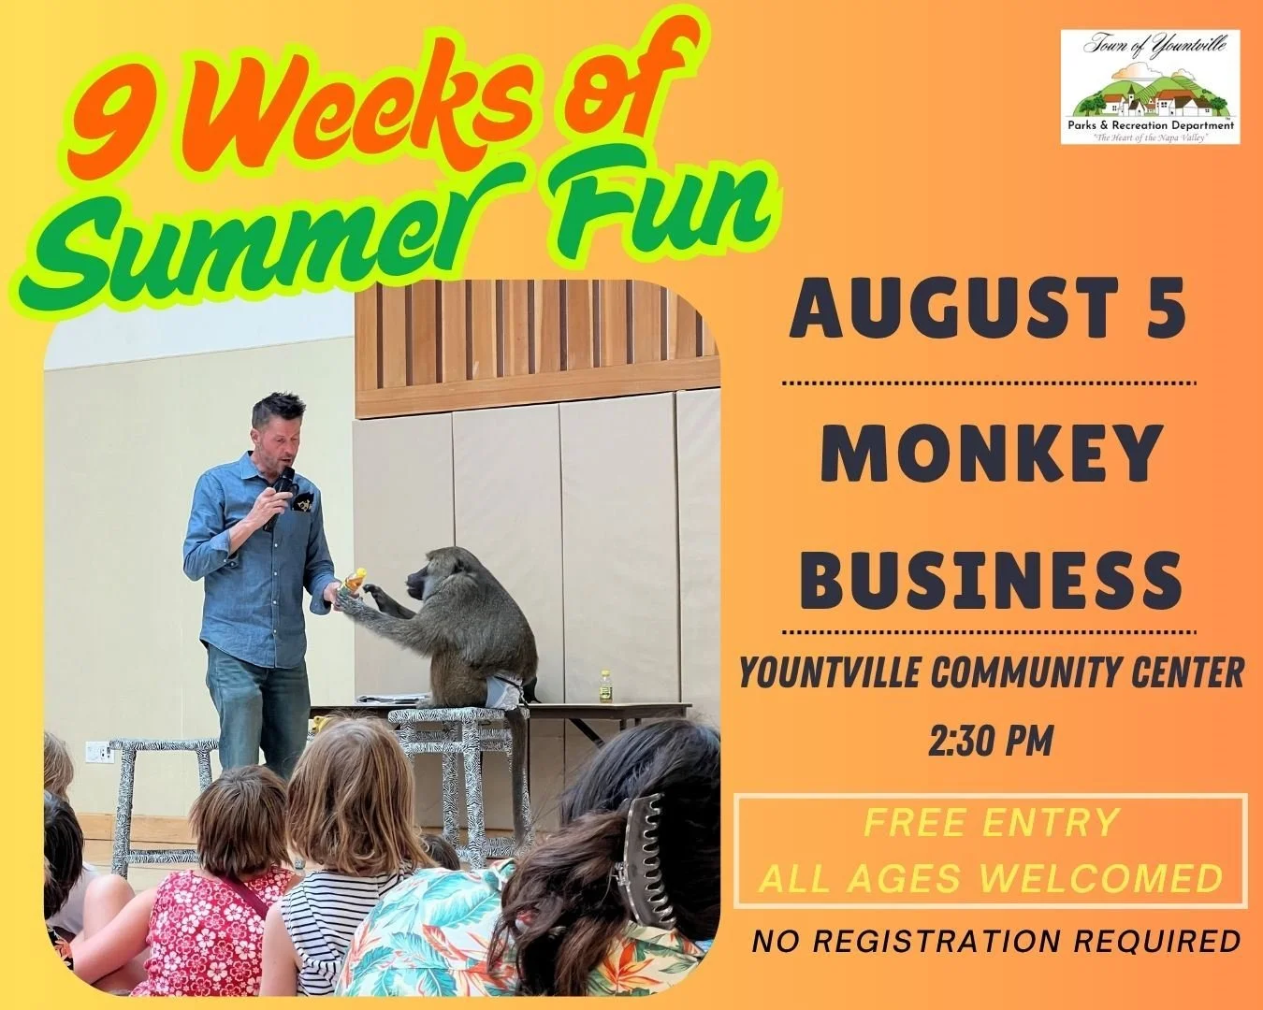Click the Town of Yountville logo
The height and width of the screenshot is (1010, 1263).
[1150, 86]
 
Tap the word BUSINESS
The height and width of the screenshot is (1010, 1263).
[990, 578]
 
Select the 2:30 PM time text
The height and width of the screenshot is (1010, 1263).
[991, 742]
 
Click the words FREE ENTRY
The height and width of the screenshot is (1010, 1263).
[991, 823]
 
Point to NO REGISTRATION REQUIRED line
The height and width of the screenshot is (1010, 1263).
[996, 941]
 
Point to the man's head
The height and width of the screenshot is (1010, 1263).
[279, 426]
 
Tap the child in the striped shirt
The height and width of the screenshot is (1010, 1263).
[345, 842]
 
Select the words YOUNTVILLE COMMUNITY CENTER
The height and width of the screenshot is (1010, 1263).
[991, 673]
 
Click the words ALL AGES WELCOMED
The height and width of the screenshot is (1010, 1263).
[991, 879]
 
